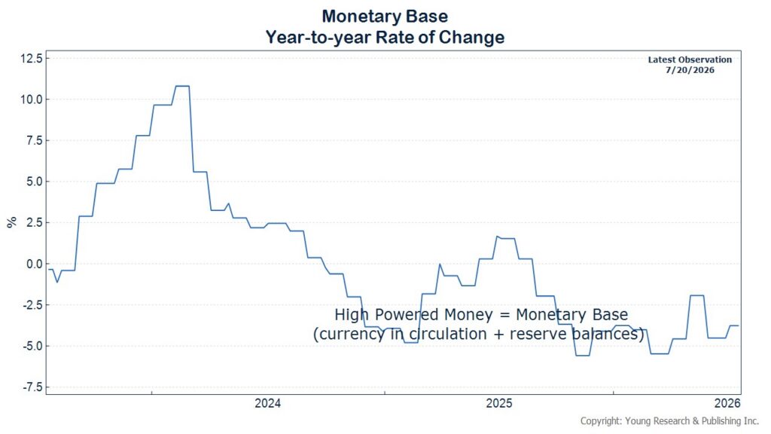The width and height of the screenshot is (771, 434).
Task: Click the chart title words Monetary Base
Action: pos(385,17)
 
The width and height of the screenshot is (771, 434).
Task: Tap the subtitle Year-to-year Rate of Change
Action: pos(385,38)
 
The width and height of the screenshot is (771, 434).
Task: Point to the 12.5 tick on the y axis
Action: pos(32,58)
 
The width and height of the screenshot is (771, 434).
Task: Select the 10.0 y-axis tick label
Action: pos(32,99)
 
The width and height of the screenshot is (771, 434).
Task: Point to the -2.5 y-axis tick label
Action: pos(32,305)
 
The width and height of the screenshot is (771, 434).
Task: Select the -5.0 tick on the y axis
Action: pos(32,346)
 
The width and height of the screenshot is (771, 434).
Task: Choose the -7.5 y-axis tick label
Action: pos(32,387)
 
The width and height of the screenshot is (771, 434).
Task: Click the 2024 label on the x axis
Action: pos(267,404)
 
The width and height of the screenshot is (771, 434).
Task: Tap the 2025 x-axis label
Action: pos(499,404)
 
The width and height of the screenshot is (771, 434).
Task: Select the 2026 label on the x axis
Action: pos(727,404)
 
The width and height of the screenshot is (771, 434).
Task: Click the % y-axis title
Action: pos(12,222)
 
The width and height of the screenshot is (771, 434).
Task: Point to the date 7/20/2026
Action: pos(690,70)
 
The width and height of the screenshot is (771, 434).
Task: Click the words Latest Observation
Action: pos(690,60)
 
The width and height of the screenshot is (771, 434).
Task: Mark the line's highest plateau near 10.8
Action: pos(182,86)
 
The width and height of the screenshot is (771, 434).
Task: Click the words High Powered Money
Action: pos(413,314)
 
